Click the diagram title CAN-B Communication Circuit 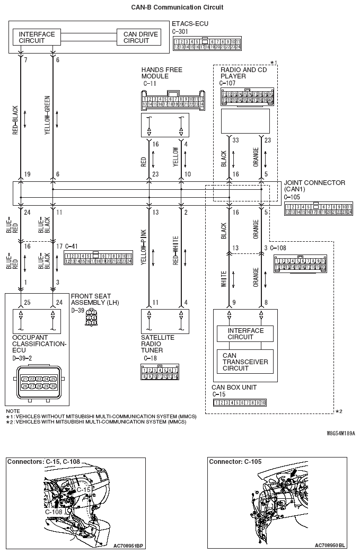click(x=177, y=7)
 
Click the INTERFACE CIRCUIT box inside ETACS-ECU click(x=37, y=38)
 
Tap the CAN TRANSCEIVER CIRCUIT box click(x=245, y=362)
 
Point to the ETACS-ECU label click(x=190, y=24)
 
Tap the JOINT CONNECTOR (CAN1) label click(x=314, y=186)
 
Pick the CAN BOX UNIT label click(x=234, y=388)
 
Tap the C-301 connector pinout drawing click(x=206, y=44)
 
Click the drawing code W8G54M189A click(x=341, y=433)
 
